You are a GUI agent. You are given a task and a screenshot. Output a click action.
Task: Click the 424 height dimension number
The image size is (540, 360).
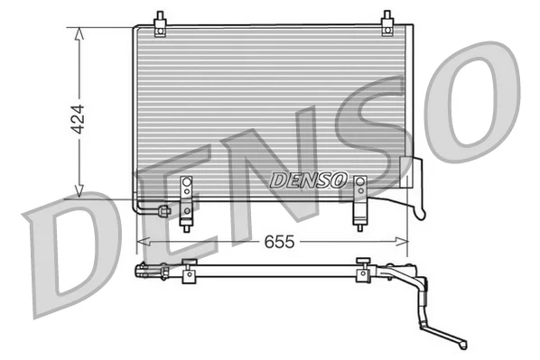pyautogui.click(x=78, y=119)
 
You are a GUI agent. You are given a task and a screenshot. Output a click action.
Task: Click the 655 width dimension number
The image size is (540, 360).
pyautogui.click(x=279, y=242)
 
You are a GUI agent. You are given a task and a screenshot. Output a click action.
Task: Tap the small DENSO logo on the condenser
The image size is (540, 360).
pyautogui.click(x=308, y=180)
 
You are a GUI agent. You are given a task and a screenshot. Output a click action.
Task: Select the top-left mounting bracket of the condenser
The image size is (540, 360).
pyautogui.click(x=160, y=24)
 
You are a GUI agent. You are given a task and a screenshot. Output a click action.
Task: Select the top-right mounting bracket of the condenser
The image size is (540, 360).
pyautogui.click(x=387, y=23)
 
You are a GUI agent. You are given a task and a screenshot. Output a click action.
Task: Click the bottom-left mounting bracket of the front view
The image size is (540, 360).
pyautogui.click(x=186, y=204)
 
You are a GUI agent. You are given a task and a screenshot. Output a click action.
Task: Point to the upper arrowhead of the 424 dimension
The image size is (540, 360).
pyautogui.click(x=79, y=34)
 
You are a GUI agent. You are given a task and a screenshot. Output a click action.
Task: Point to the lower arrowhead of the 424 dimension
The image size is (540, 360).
pyautogui.click(x=79, y=191)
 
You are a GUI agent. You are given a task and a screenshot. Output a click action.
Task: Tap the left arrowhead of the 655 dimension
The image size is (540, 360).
pyautogui.click(x=144, y=242)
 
